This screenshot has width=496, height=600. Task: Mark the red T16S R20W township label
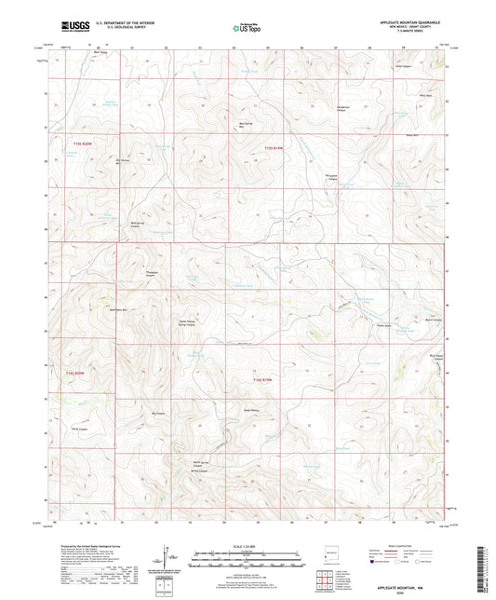[x=80, y=374]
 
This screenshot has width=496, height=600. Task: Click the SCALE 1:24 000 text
[x=247, y=546]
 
